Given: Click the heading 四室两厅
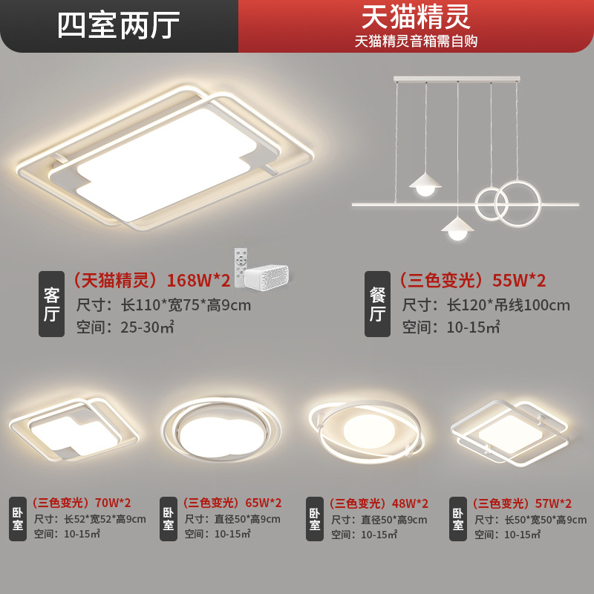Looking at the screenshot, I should [119, 25].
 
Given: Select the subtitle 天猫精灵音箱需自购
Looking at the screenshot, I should [416, 41].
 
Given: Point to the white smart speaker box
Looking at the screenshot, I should [267, 275].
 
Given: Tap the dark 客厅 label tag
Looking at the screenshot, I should [51, 304].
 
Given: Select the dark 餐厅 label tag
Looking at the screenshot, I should [376, 304].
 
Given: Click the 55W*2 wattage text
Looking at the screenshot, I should [520, 281].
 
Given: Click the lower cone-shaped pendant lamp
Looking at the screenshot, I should [457, 226].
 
